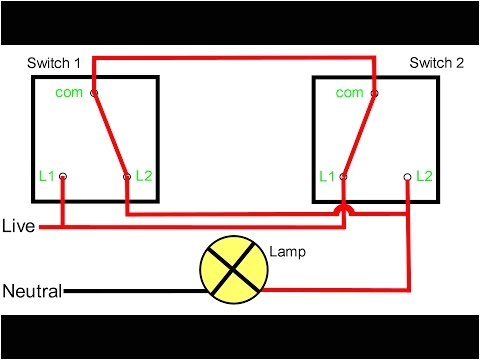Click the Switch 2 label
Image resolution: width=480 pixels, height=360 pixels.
(x=437, y=62)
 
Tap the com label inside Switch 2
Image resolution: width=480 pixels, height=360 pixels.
(x=350, y=93)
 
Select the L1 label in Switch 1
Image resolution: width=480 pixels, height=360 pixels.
(x=45, y=176)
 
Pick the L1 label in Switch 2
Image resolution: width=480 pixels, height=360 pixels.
(x=327, y=176)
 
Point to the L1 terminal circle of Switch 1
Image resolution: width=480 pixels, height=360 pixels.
(x=63, y=177)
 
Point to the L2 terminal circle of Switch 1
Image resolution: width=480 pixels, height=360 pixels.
(x=126, y=177)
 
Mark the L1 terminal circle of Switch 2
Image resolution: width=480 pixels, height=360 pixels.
(x=344, y=177)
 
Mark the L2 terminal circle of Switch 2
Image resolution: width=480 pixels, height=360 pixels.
(x=406, y=177)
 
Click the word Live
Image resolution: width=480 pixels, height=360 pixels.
(x=18, y=227)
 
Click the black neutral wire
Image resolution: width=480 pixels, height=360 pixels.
(x=130, y=292)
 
